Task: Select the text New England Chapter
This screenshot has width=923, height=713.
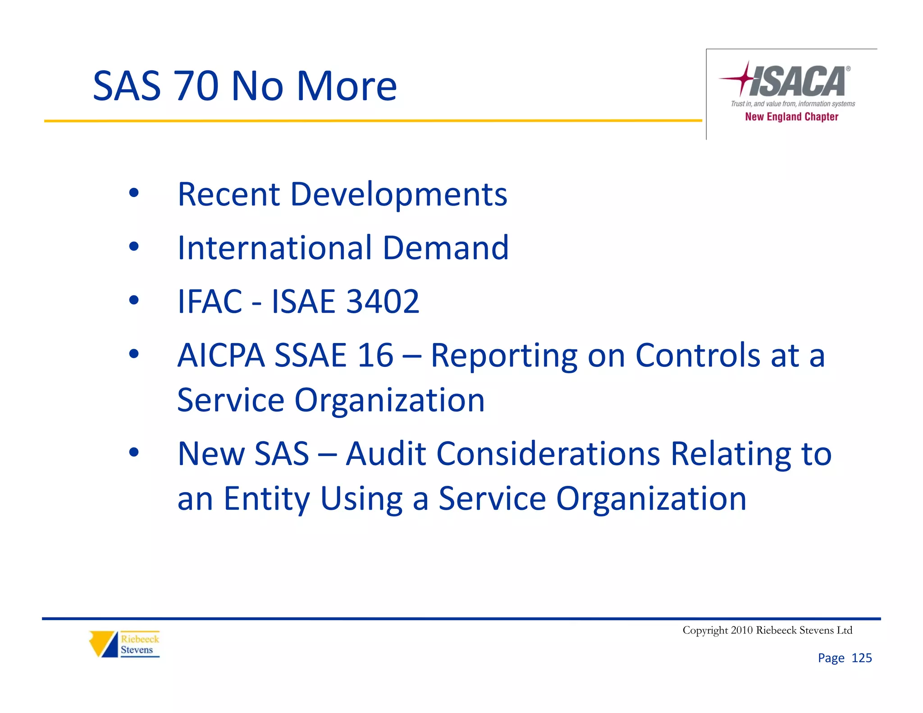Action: tap(791, 117)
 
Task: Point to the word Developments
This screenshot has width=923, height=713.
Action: tap(398, 194)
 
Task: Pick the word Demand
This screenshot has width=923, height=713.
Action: tap(446, 248)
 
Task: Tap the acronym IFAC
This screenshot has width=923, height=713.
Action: tap(210, 301)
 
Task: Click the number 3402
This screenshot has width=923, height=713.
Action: tap(383, 301)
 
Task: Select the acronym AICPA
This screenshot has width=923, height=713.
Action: tap(221, 355)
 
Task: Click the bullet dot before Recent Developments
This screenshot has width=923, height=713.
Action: tap(134, 193)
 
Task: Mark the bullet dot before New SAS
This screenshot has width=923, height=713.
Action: tap(134, 452)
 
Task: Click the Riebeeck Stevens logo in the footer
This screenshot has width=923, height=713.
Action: tap(124, 644)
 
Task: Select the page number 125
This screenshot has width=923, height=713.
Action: tap(861, 658)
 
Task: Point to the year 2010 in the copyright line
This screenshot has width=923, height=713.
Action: tap(741, 630)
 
